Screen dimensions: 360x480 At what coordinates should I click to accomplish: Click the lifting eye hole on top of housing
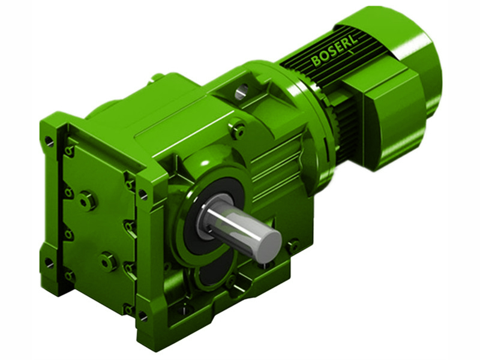pyautogui.click(x=241, y=92)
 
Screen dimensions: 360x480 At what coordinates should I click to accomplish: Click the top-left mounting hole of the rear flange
pyautogui.click(x=49, y=142)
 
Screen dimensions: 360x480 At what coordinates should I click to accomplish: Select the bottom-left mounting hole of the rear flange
pyautogui.click(x=49, y=262)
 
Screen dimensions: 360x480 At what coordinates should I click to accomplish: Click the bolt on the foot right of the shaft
pyautogui.click(x=293, y=245)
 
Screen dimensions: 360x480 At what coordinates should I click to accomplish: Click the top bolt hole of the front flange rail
pyautogui.click(x=143, y=194)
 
